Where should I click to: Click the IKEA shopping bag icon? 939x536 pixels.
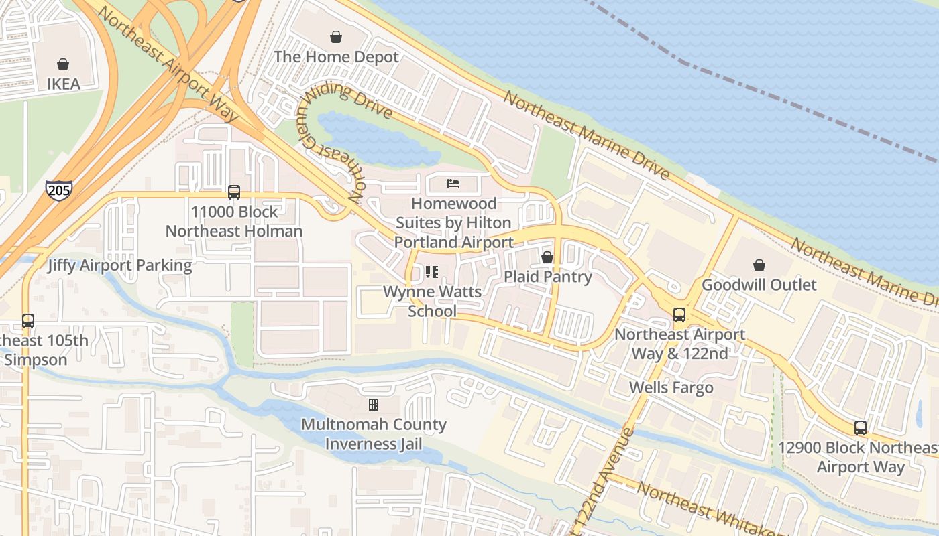click(x=63, y=64)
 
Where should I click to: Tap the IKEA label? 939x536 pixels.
click(x=63, y=84)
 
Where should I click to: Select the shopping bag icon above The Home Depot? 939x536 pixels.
click(x=336, y=37)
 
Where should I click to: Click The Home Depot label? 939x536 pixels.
click(x=336, y=58)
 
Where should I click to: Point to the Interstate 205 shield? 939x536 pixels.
click(x=58, y=190)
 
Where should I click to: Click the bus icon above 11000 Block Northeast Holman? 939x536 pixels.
click(x=234, y=192)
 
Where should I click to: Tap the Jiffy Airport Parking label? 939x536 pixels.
click(x=119, y=265)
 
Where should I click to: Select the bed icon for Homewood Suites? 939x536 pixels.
click(x=454, y=183)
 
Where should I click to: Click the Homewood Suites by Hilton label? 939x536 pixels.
click(x=454, y=222)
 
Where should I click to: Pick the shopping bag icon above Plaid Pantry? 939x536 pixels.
click(x=547, y=257)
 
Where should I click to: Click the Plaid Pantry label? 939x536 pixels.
click(x=547, y=277)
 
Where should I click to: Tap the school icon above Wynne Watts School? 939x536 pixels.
click(x=432, y=272)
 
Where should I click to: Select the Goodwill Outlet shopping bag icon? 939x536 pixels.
click(x=759, y=265)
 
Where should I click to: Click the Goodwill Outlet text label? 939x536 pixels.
click(x=759, y=285)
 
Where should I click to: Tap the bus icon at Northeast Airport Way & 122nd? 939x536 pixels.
click(x=679, y=315)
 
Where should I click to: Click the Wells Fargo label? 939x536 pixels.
click(x=671, y=387)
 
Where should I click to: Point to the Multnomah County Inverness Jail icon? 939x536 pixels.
click(x=374, y=405)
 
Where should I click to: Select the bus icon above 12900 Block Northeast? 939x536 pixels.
click(x=861, y=427)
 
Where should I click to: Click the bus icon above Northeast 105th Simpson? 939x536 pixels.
click(x=27, y=320)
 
